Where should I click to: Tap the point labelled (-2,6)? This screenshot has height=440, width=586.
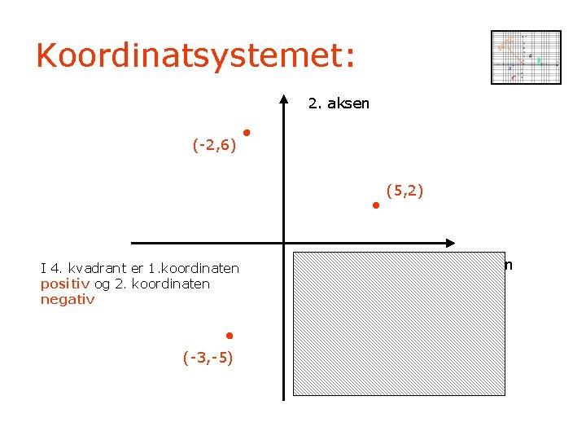(245, 132)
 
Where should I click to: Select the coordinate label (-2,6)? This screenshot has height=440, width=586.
(214, 146)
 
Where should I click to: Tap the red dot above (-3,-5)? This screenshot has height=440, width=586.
(230, 336)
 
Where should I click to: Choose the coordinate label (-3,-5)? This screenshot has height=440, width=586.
(208, 357)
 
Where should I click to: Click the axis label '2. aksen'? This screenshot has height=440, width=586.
(339, 103)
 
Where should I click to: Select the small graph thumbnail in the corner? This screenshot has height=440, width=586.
(526, 57)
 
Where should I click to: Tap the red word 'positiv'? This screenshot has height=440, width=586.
(66, 284)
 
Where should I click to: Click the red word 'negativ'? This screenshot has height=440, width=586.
(68, 299)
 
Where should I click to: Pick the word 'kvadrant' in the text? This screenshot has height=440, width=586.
(96, 268)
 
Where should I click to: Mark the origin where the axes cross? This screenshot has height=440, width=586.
(283, 243)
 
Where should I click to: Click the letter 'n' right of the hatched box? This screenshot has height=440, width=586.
(509, 265)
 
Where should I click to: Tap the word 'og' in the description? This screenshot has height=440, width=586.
(102, 284)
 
